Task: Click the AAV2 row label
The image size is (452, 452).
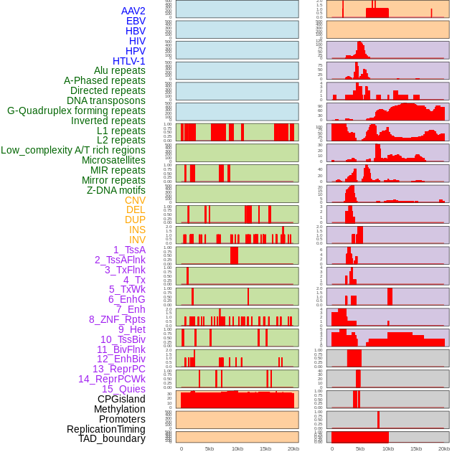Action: pyautogui.click(x=133, y=11)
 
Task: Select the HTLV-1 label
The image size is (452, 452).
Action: pyautogui.click(x=128, y=61)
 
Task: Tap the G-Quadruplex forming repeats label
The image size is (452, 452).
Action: pyautogui.click(x=76, y=110)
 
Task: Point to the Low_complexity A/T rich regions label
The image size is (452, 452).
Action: pyautogui.click(x=73, y=150)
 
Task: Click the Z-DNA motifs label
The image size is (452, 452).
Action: pyautogui.click(x=116, y=190)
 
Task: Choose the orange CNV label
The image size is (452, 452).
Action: pyautogui.click(x=135, y=200)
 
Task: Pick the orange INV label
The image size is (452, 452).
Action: pyautogui.click(x=137, y=240)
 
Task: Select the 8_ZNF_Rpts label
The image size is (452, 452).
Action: pyautogui.click(x=117, y=319)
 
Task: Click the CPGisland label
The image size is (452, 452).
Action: pyautogui.click(x=121, y=399)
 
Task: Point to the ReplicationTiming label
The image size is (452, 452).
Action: pyautogui.click(x=106, y=429)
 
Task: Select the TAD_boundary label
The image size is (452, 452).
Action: pyautogui.click(x=112, y=438)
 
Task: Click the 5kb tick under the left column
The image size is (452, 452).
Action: pyautogui.click(x=209, y=448)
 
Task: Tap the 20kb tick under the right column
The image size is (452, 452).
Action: pyautogui.click(x=443, y=448)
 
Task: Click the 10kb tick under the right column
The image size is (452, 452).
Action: pyautogui.click(x=387, y=448)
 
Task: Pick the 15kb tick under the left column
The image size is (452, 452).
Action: pyautogui.click(x=265, y=448)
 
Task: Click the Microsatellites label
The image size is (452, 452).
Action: pyautogui.click(x=113, y=160)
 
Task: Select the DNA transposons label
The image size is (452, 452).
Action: pyautogui.click(x=106, y=100)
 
